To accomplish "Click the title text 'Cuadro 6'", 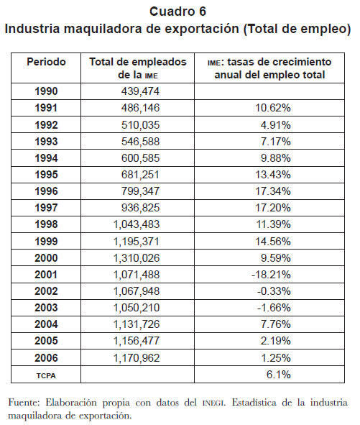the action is [x=177, y=12].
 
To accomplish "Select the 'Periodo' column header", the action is [x=46, y=62].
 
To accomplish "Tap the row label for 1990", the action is [x=46, y=91].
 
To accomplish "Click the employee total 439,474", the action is [x=140, y=91].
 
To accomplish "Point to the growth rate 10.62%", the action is [x=273, y=108].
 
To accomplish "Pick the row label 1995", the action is [x=46, y=175].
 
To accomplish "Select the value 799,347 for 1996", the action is [x=140, y=191].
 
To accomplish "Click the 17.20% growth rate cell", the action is [x=273, y=208].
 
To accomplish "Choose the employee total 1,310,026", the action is [x=137, y=258].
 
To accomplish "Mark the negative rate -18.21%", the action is [x=271, y=275].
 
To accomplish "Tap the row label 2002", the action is [x=46, y=291].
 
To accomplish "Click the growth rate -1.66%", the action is [x=274, y=308].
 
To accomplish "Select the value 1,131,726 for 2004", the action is [x=137, y=324].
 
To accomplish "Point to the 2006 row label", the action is [x=46, y=358].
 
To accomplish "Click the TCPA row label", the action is [x=46, y=375].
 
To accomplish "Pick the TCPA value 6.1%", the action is [x=279, y=375].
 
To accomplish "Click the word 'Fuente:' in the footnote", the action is [x=24, y=403].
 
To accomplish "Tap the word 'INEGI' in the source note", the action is [x=213, y=403].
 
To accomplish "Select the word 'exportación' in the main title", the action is [x=202, y=29].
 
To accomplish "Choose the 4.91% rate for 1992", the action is [x=276, y=125].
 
